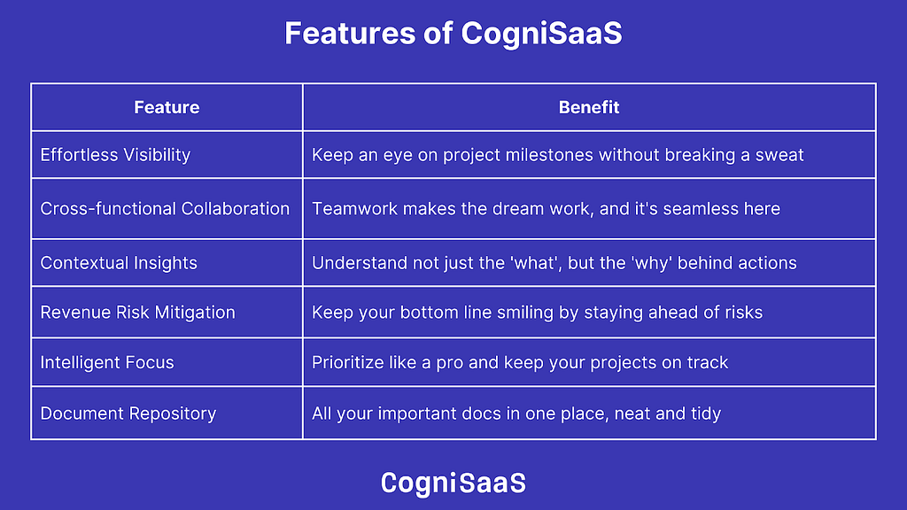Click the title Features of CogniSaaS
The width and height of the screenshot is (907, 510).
pos(453,33)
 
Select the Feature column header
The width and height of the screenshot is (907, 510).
pos(167,107)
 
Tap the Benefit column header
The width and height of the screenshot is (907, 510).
pos(589,107)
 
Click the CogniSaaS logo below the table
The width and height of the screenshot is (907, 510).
pos(453,483)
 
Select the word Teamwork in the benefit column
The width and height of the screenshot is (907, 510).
pos(354,209)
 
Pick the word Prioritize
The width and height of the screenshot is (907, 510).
pos(347,362)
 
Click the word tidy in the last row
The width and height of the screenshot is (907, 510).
pos(706,414)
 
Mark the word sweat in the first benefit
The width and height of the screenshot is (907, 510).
pos(779,155)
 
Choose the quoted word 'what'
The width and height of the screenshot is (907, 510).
pos(535,263)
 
